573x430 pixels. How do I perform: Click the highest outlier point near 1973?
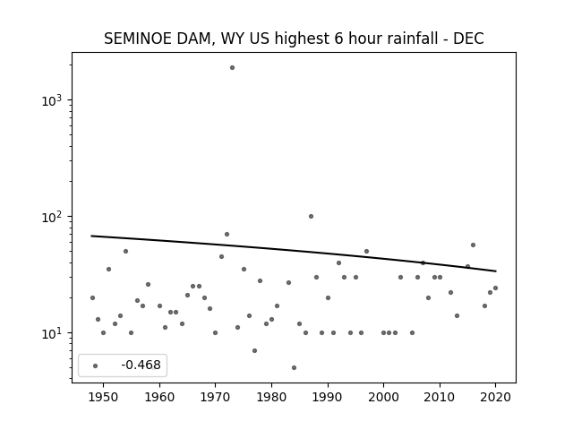pyautogui.click(x=232, y=68)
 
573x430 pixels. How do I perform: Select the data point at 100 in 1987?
pyautogui.click(x=311, y=217)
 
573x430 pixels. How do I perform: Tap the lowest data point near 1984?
pyautogui.click(x=295, y=368)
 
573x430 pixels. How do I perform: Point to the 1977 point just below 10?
pyautogui.click(x=254, y=350)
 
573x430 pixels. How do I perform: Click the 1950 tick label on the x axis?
pyautogui.click(x=104, y=397)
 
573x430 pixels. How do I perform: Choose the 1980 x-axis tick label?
pyautogui.click(x=271, y=397)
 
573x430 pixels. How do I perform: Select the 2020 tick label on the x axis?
pyautogui.click(x=495, y=397)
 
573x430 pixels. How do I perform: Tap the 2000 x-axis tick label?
pyautogui.click(x=384, y=397)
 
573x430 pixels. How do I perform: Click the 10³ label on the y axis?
pyautogui.click(x=52, y=100)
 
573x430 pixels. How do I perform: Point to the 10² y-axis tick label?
pyautogui.click(x=52, y=217)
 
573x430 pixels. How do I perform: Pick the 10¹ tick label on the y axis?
pyautogui.click(x=52, y=333)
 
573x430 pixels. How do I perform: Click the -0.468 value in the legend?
pyautogui.click(x=141, y=365)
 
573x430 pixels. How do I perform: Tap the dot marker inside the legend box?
pyautogui.click(x=96, y=366)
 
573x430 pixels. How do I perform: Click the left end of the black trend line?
pyautogui.click(x=91, y=236)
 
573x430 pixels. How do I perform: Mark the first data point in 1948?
pyautogui.click(x=92, y=298)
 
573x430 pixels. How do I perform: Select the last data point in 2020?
pyautogui.click(x=495, y=288)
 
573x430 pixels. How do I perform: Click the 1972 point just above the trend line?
pyautogui.click(x=227, y=235)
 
